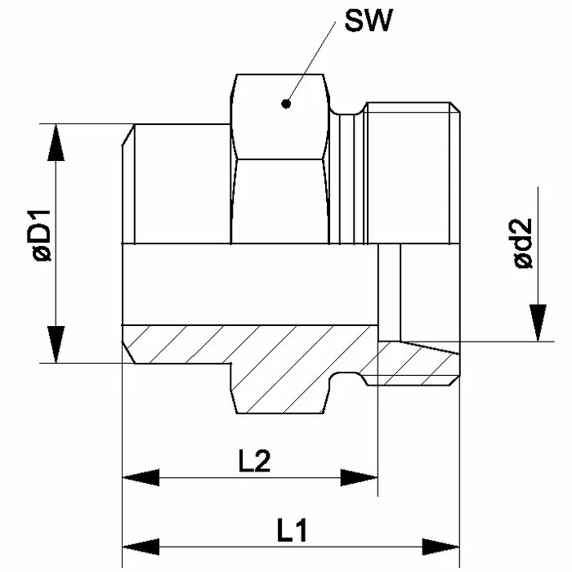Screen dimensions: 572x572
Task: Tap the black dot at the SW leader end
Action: (x=285, y=104)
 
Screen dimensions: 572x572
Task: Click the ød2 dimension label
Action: (x=523, y=244)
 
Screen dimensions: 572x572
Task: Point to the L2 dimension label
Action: (x=254, y=463)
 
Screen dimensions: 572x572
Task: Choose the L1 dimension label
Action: (x=291, y=531)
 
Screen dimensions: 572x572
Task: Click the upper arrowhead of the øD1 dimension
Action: (x=55, y=143)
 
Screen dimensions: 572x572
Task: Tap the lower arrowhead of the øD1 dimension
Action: (x=55, y=343)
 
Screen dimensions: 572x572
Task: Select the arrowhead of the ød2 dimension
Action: (x=537, y=322)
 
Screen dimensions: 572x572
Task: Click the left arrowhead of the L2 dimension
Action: (x=140, y=477)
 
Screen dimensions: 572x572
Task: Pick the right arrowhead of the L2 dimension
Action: (x=360, y=477)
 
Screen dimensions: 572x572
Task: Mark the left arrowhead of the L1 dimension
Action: (x=140, y=545)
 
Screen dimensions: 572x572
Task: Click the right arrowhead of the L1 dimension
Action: (x=442, y=545)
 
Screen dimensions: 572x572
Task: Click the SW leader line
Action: (x=311, y=61)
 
